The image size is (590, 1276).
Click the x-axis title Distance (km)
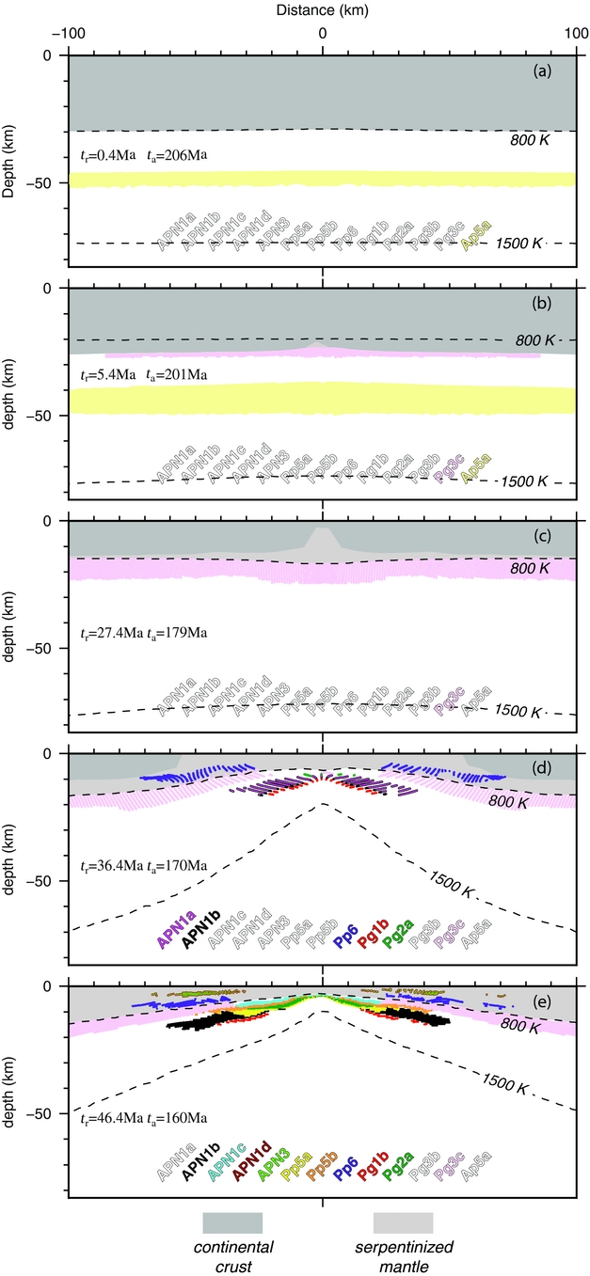click(x=322, y=8)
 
